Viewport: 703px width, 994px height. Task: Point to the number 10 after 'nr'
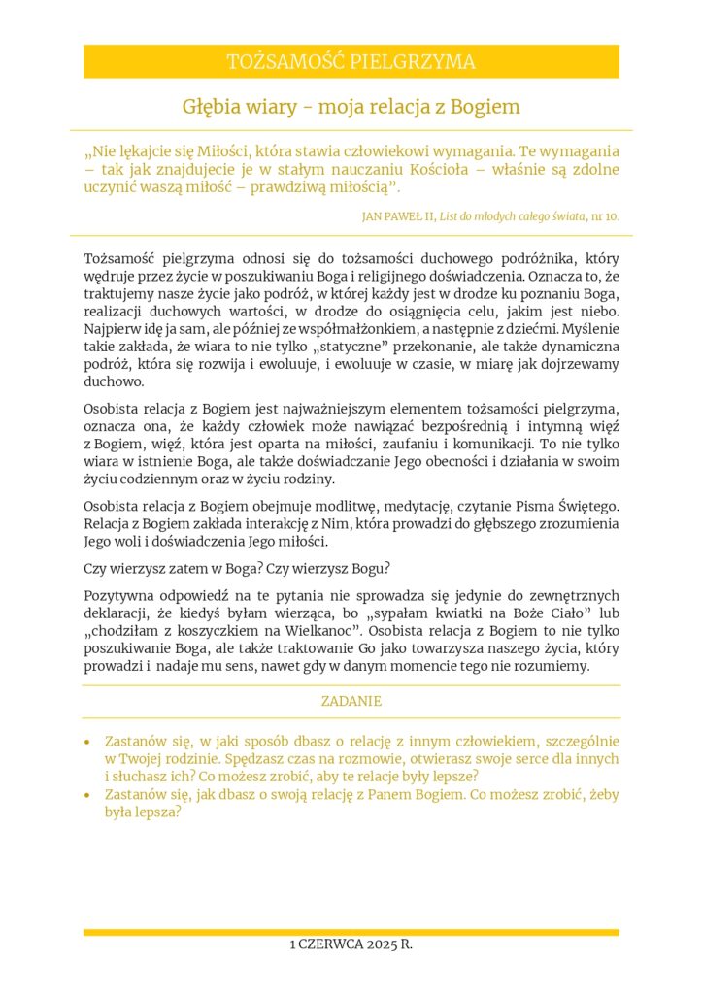(611, 215)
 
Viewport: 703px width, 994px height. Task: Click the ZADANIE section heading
(351, 700)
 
